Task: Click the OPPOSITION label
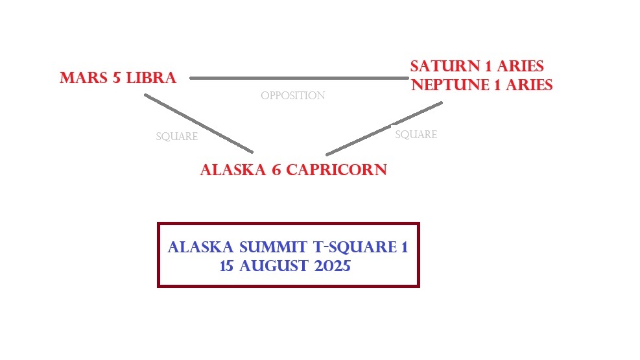click(292, 96)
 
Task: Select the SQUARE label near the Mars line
click(176, 137)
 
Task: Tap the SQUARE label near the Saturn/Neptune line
click(416, 135)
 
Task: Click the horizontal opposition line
click(298, 78)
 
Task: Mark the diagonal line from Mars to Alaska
click(198, 123)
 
